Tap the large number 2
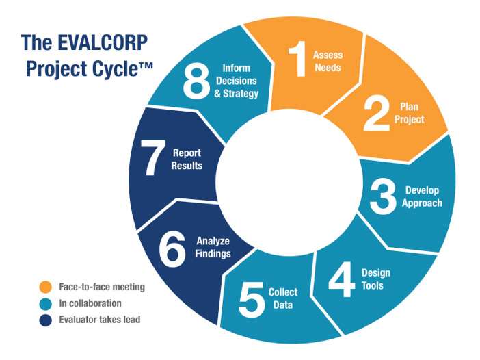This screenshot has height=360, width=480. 376,113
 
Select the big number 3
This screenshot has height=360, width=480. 383,196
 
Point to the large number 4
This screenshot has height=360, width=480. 342,279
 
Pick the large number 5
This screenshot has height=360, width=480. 251,300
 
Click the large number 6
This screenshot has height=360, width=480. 172,248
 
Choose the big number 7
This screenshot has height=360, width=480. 152,157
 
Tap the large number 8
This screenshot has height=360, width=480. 196,81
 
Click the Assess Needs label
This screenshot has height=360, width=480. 328,62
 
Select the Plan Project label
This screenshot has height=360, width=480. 410,113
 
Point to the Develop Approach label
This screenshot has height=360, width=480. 422,196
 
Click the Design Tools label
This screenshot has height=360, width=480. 376,279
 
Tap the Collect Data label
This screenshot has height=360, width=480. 283,298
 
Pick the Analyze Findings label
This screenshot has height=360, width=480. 213,247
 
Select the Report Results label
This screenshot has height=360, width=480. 187,159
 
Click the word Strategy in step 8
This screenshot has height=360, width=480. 241,94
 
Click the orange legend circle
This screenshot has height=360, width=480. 46,287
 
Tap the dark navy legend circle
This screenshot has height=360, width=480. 46,320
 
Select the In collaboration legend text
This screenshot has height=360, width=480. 90,303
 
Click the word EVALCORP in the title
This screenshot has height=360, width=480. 103,42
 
